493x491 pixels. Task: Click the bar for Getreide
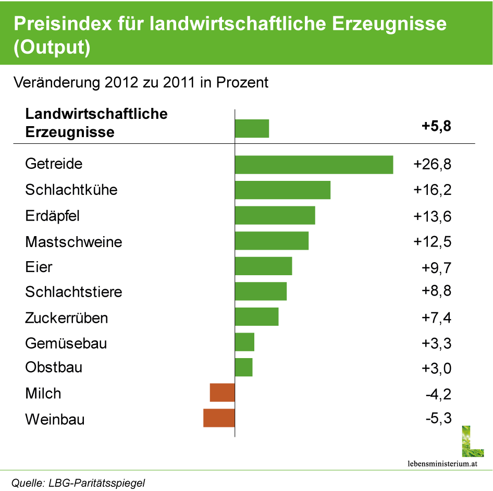[314, 164]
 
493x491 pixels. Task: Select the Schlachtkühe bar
[282, 190]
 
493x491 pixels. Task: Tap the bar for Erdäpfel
[275, 215]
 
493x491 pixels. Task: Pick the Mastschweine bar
[272, 241]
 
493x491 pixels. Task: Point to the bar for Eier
[263, 266]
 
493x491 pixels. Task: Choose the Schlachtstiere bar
[261, 291]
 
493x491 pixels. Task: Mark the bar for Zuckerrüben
[256, 317]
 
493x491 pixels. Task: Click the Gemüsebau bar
[244, 342]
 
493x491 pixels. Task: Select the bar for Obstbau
[243, 367]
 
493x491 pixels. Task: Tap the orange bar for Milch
[222, 392]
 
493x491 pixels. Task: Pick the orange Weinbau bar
[219, 418]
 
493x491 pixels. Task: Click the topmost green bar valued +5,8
[252, 129]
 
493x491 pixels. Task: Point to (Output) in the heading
[52, 47]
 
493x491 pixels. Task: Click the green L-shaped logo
[472, 441]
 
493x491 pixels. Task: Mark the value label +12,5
[433, 241]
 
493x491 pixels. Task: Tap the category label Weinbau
[55, 419]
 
